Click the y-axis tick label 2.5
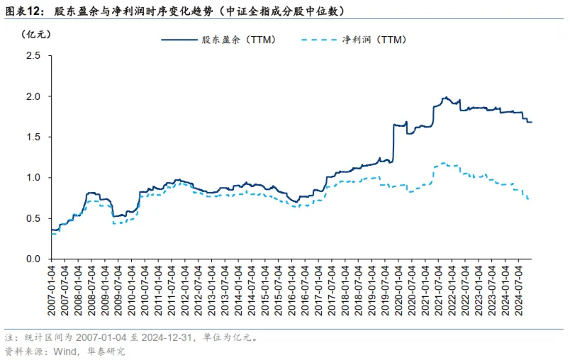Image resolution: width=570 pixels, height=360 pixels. (33, 55)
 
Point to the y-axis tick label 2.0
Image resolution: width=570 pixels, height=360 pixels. (33, 96)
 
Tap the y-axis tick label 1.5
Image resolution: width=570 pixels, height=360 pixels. (33, 137)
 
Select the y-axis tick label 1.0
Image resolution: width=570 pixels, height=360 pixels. (33, 177)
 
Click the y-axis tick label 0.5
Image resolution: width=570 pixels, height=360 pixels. (33, 218)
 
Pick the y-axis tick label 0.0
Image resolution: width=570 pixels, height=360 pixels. (33, 259)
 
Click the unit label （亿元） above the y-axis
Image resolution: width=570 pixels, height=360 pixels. (35, 35)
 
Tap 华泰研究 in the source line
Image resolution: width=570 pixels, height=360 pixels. (106, 350)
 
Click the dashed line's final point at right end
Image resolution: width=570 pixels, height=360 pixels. (529, 199)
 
